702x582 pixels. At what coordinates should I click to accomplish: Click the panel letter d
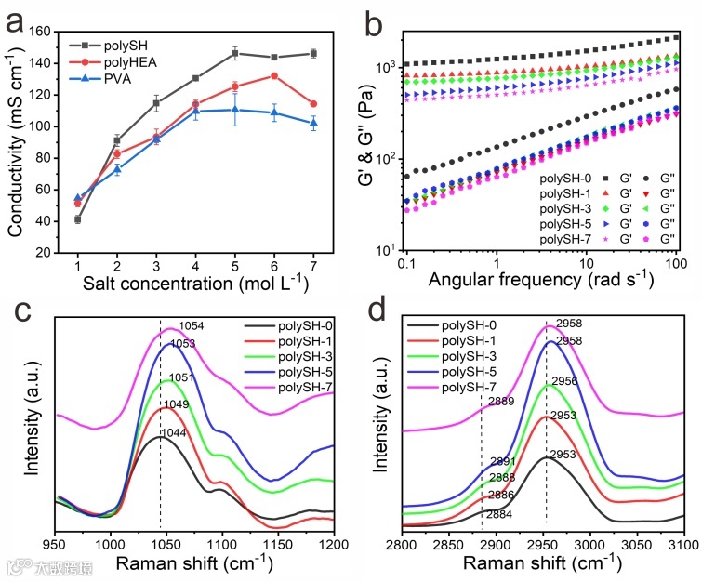(376, 308)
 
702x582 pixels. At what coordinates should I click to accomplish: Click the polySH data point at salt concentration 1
(77, 219)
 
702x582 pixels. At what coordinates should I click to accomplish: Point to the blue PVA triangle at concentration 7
(314, 123)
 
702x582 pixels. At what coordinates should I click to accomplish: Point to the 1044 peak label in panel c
(175, 433)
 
